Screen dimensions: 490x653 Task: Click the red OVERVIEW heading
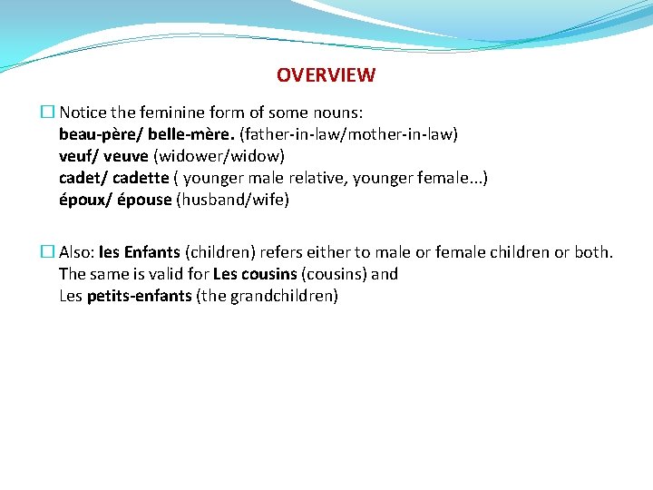click(x=326, y=75)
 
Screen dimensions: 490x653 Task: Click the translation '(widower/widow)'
click(x=219, y=156)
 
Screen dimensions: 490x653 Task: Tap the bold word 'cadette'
click(x=141, y=178)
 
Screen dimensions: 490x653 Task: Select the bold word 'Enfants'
click(x=151, y=252)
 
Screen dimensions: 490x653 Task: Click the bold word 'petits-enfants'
click(x=140, y=296)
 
